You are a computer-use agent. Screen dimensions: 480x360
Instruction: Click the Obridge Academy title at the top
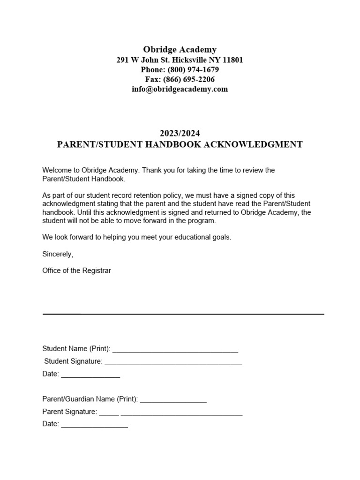(180, 49)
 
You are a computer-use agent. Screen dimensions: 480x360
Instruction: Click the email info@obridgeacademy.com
(180, 89)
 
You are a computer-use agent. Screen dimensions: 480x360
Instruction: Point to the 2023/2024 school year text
(180, 134)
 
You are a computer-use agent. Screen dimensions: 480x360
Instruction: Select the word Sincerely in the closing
(57, 254)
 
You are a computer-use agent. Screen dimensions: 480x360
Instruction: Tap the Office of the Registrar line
(76, 270)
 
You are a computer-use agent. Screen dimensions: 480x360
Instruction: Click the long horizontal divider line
(183, 314)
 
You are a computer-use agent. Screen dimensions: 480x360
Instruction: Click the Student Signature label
(73, 361)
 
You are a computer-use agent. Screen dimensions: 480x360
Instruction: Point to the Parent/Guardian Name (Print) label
(90, 399)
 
